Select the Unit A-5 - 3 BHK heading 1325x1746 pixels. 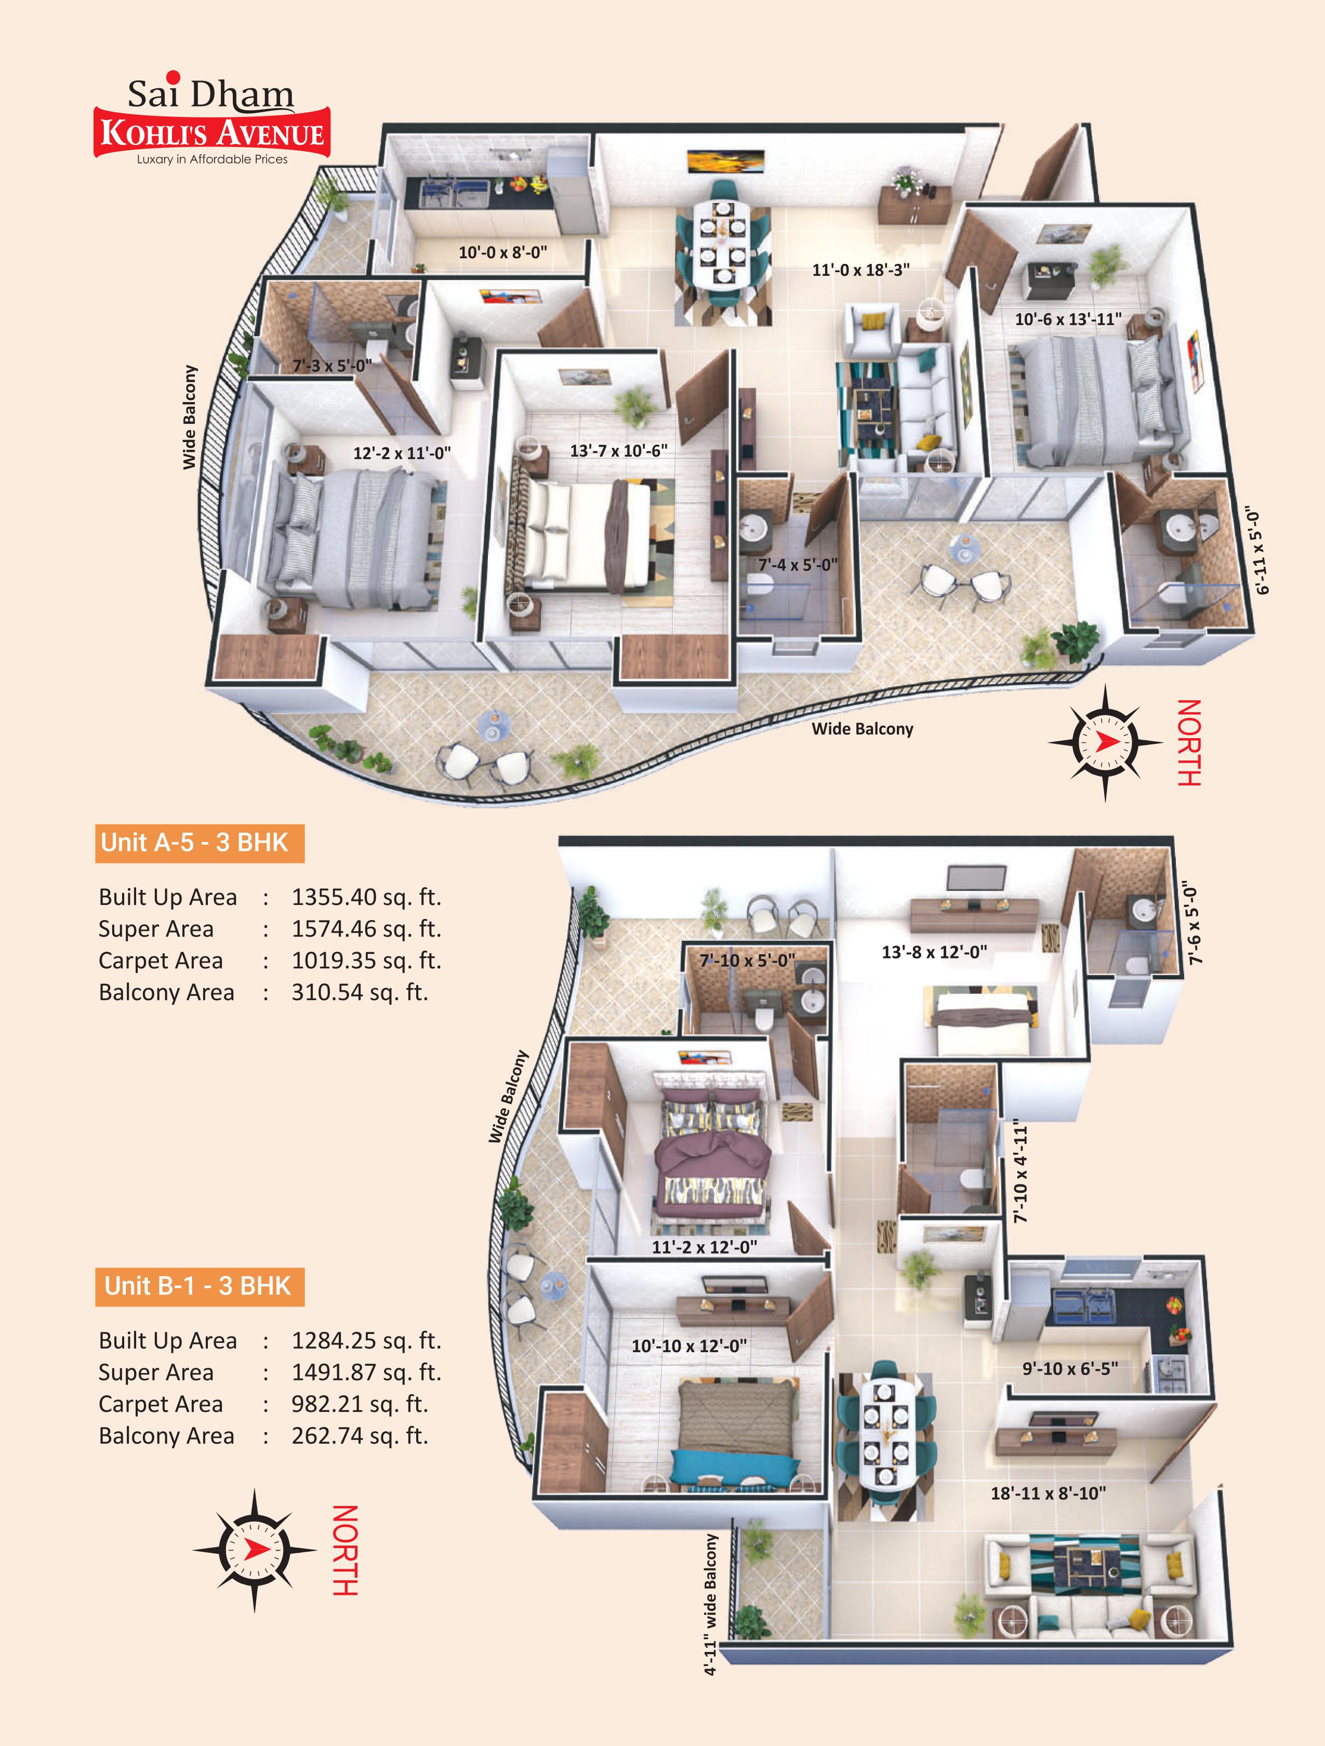(x=199, y=843)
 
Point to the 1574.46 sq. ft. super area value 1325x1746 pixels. (x=366, y=929)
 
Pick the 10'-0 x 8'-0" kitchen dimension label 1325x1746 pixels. (x=503, y=252)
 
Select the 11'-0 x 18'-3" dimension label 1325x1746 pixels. (x=860, y=270)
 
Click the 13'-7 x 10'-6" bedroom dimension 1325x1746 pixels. (x=618, y=451)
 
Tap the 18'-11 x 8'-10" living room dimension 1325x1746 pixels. (x=1048, y=1494)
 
